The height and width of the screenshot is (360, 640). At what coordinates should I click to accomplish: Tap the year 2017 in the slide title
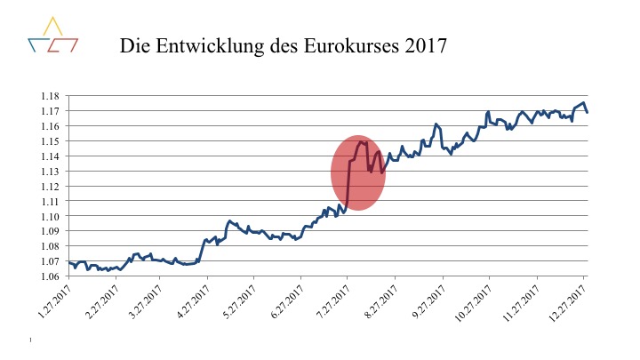tap(421, 44)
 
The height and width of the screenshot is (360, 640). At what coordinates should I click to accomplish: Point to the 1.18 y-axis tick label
tap(50, 96)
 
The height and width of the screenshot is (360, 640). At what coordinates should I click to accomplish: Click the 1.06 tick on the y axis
tap(50, 276)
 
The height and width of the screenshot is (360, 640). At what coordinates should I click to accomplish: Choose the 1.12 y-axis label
tap(50, 186)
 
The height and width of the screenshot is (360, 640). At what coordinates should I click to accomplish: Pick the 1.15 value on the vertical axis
tap(50, 140)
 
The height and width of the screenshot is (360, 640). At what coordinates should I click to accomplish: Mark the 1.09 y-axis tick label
tap(50, 230)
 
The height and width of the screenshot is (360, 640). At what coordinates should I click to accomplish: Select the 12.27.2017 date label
tap(564, 300)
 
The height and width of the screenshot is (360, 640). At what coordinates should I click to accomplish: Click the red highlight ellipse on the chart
tap(358, 173)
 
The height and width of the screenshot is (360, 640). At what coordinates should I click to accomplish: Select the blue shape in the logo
tap(37, 44)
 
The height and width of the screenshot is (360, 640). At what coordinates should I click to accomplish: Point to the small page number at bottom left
tap(30, 340)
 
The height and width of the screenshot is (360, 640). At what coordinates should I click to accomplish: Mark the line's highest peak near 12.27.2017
tap(583, 103)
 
